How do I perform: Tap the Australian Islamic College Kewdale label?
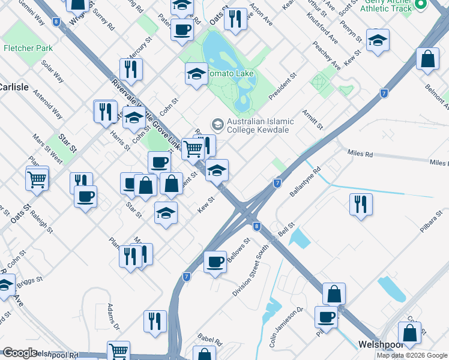[x=258, y=125]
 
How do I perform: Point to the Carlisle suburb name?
[x=13, y=87]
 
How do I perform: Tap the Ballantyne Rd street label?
[x=306, y=182]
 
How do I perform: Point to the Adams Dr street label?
[x=113, y=317]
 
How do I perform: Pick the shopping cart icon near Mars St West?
[x=37, y=178]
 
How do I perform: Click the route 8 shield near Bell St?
[x=256, y=226]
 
